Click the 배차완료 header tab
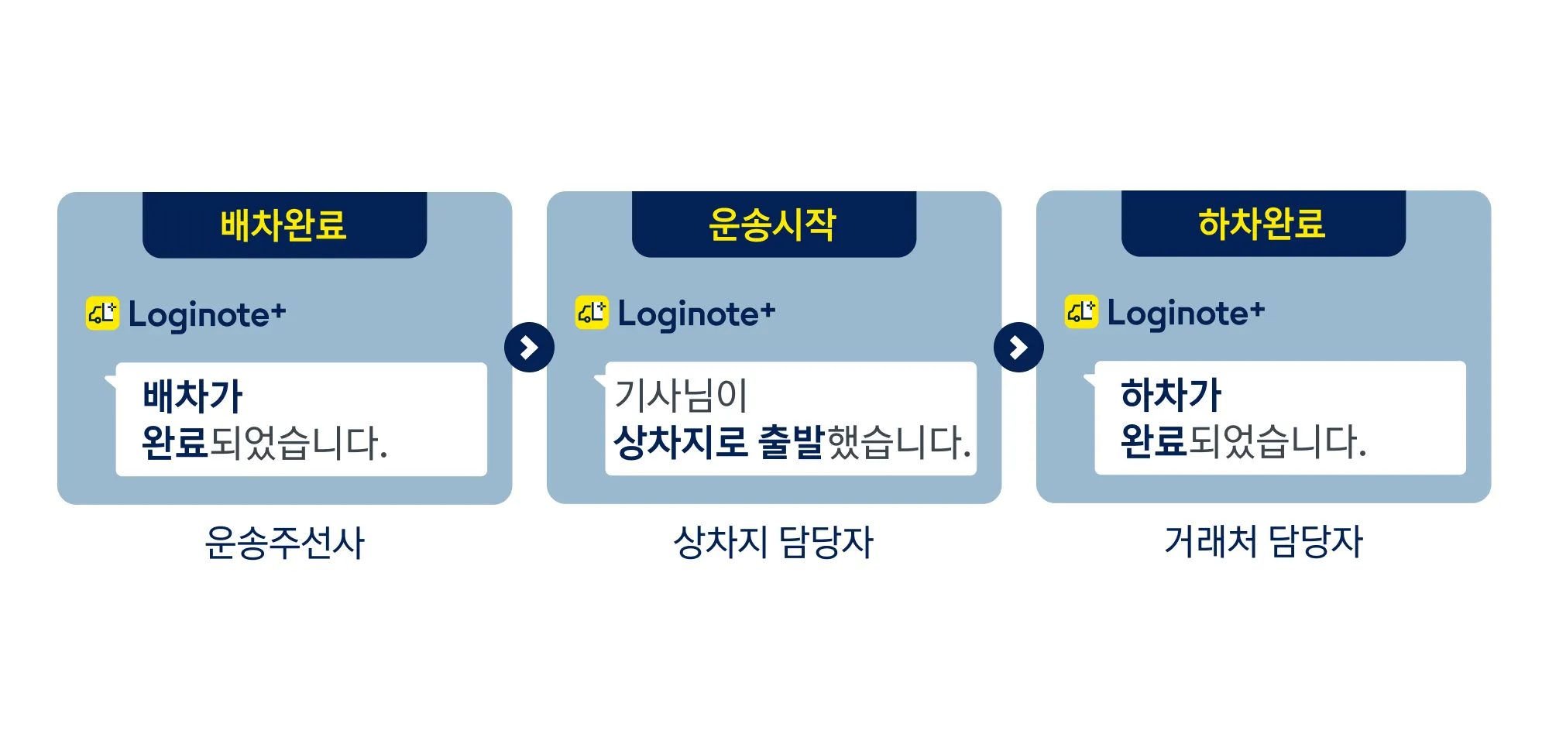pyautogui.click(x=284, y=225)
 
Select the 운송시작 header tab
pyautogui.click(x=774, y=225)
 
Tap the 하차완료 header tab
pyautogui.click(x=1263, y=224)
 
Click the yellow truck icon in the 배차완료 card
pyautogui.click(x=102, y=314)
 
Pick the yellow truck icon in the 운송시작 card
pyautogui.click(x=592, y=313)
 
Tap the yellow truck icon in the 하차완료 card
pyautogui.click(x=1081, y=312)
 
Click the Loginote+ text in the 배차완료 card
pyautogui.click(x=208, y=315)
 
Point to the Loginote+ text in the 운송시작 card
pyautogui.click(x=697, y=314)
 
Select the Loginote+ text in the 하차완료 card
pyautogui.click(x=1187, y=314)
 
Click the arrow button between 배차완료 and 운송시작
pyautogui.click(x=529, y=347)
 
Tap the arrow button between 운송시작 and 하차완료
pyautogui.click(x=1018, y=347)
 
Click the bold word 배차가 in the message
pyautogui.click(x=193, y=396)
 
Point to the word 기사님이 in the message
pyautogui.click(x=681, y=395)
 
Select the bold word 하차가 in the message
pyautogui.click(x=1171, y=394)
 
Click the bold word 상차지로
pyautogui.click(x=680, y=442)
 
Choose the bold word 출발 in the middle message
pyautogui.click(x=791, y=442)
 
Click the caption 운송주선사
pyautogui.click(x=284, y=542)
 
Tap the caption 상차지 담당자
pyautogui.click(x=774, y=541)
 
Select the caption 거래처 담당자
pyautogui.click(x=1263, y=540)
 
